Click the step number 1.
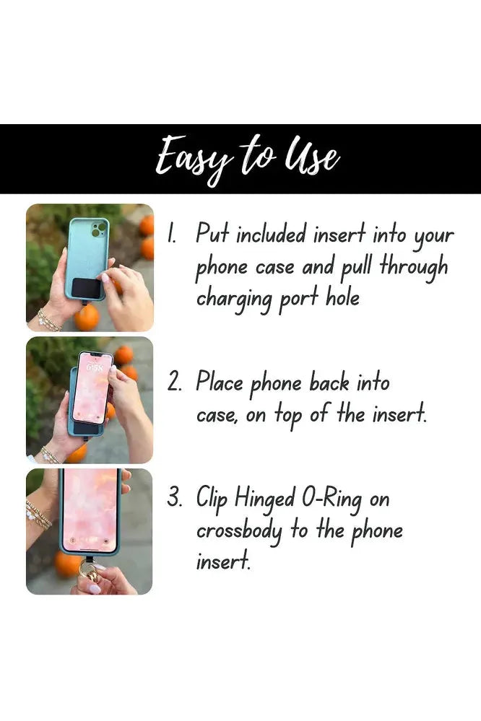click(171, 234)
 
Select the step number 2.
click(174, 382)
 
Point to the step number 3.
click(174, 497)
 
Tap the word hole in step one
click(343, 297)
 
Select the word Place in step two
click(219, 381)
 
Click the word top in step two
click(289, 414)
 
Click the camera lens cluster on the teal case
click(99, 229)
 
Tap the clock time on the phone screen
click(95, 368)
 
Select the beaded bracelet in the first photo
click(48, 320)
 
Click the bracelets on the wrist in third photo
click(38, 515)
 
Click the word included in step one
click(271, 235)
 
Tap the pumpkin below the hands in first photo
click(86, 318)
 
